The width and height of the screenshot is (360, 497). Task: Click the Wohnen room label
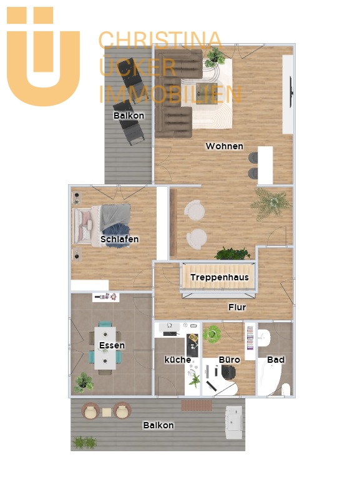coord(225,146)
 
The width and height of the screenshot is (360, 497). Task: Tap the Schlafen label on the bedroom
coord(119,239)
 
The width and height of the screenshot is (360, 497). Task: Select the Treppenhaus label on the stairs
coord(220,277)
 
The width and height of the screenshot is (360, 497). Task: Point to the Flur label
coord(237,307)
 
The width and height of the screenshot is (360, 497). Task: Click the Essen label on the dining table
coord(112,345)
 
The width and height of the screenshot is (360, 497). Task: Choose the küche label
coord(178,360)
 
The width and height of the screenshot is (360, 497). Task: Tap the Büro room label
coord(229,360)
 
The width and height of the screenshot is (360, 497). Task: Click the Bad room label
coord(276,360)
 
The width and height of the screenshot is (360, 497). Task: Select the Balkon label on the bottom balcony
coord(158,425)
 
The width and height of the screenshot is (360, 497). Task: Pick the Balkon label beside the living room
coord(129,116)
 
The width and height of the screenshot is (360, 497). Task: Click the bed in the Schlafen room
coord(101,225)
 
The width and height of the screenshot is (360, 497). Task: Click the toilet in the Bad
coord(286,389)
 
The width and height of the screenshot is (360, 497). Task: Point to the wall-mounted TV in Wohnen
coord(291,92)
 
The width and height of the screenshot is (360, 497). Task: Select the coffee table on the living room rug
coord(207,93)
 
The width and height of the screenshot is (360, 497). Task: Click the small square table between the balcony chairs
coord(107,412)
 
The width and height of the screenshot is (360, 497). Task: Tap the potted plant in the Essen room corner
coord(83,383)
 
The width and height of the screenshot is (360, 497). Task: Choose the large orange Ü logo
coord(44,56)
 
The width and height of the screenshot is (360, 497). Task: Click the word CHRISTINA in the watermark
coord(160,41)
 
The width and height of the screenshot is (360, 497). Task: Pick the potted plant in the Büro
coord(212,334)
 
